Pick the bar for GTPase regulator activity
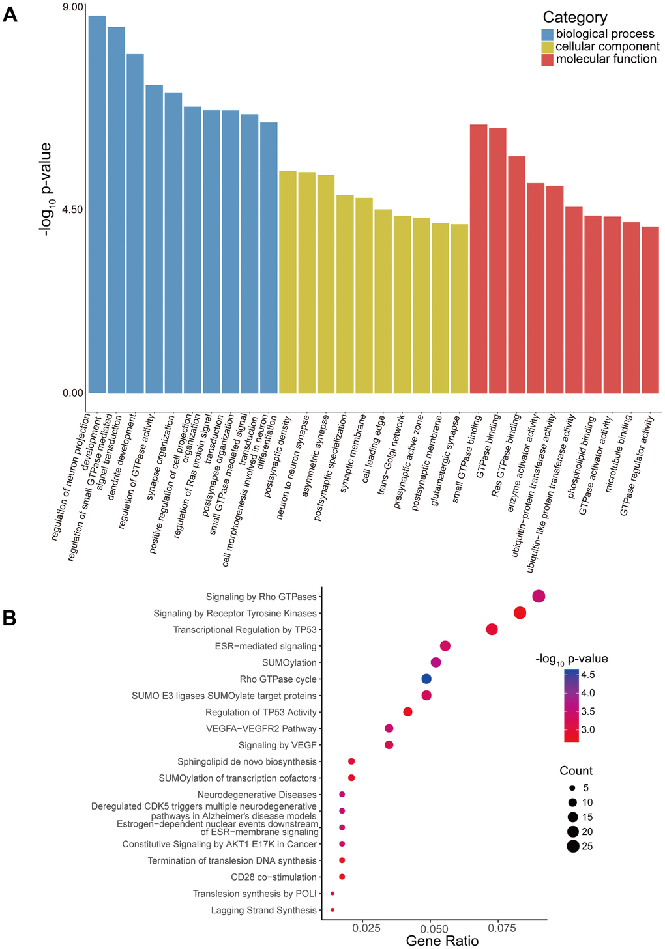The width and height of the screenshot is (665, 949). click(650, 310)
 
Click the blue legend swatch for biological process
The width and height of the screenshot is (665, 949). click(547, 34)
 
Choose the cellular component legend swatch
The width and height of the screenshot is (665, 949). click(547, 47)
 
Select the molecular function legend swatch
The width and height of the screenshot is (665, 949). click(547, 59)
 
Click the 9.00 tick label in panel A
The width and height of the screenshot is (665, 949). click(73, 7)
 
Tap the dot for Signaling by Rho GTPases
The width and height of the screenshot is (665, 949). click(539, 596)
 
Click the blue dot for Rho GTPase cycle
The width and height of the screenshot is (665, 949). click(426, 679)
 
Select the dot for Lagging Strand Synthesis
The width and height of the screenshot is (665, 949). click(332, 910)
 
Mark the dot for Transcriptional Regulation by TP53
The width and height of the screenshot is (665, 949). click(492, 629)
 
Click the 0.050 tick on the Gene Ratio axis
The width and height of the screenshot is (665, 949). click(432, 927)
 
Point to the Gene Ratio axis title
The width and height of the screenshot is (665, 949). click(442, 941)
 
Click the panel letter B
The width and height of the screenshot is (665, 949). click(10, 617)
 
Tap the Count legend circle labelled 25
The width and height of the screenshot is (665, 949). click(573, 847)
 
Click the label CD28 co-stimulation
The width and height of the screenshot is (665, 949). click(274, 877)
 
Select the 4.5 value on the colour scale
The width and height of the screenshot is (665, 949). click(587, 675)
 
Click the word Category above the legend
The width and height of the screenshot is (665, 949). click(574, 18)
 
